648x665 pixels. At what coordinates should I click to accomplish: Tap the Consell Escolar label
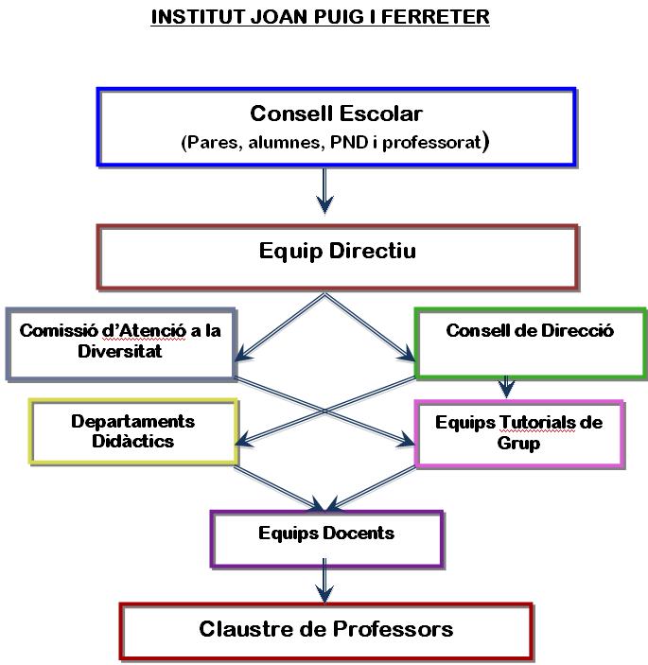(x=337, y=114)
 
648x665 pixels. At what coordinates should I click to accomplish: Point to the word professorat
(x=431, y=143)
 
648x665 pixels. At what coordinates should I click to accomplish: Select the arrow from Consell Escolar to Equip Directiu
(x=324, y=190)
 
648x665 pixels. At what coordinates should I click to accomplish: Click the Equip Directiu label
(x=338, y=251)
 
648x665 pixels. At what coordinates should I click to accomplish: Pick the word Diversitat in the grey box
(x=120, y=351)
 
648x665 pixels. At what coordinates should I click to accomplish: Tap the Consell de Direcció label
(x=530, y=330)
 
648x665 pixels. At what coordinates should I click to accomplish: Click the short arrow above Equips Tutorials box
(x=506, y=387)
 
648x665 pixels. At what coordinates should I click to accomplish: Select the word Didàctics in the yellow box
(x=133, y=441)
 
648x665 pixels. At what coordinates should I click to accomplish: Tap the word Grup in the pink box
(x=518, y=444)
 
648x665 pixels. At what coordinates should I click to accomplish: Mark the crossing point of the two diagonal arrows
(x=324, y=411)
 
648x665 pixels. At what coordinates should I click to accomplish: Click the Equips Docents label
(x=326, y=534)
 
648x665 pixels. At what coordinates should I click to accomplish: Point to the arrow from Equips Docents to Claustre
(x=324, y=580)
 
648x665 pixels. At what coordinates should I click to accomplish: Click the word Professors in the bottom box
(x=393, y=629)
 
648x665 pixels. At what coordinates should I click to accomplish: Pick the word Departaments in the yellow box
(x=133, y=422)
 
